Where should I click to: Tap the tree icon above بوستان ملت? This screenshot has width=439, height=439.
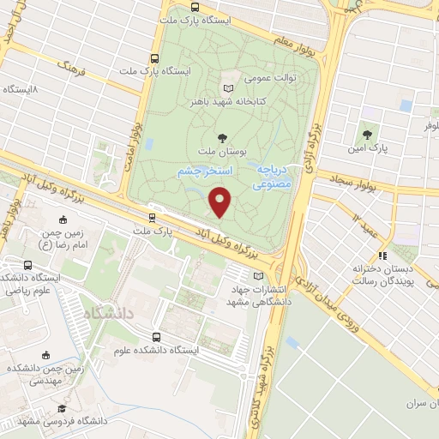pos(223,136)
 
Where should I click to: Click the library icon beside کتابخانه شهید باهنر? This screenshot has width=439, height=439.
pos(227,89)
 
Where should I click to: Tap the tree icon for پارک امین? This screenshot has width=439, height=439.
pos(367,134)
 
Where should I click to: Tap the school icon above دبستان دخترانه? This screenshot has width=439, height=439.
pos(383,256)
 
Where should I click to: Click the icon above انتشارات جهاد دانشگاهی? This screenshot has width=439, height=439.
pos(259,275)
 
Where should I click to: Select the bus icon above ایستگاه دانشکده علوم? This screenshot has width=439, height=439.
pos(156,337)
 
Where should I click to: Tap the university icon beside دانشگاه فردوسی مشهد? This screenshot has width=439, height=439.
pos(62,411)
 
